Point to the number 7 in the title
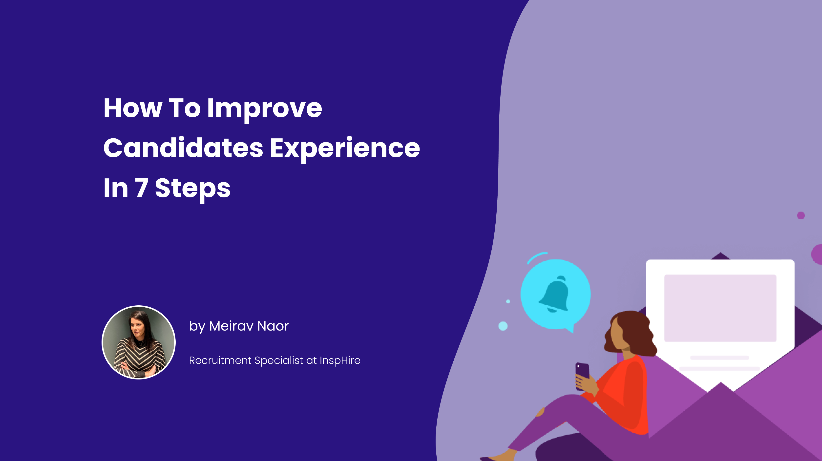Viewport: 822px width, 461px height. [141, 188]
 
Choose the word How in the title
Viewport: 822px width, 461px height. [133, 108]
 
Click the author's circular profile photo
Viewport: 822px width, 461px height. [139, 342]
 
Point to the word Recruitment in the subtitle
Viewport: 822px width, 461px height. [220, 360]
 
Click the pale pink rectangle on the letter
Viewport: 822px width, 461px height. [720, 308]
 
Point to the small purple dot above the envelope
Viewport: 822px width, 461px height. [801, 215]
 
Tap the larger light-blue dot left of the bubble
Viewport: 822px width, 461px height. [503, 326]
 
